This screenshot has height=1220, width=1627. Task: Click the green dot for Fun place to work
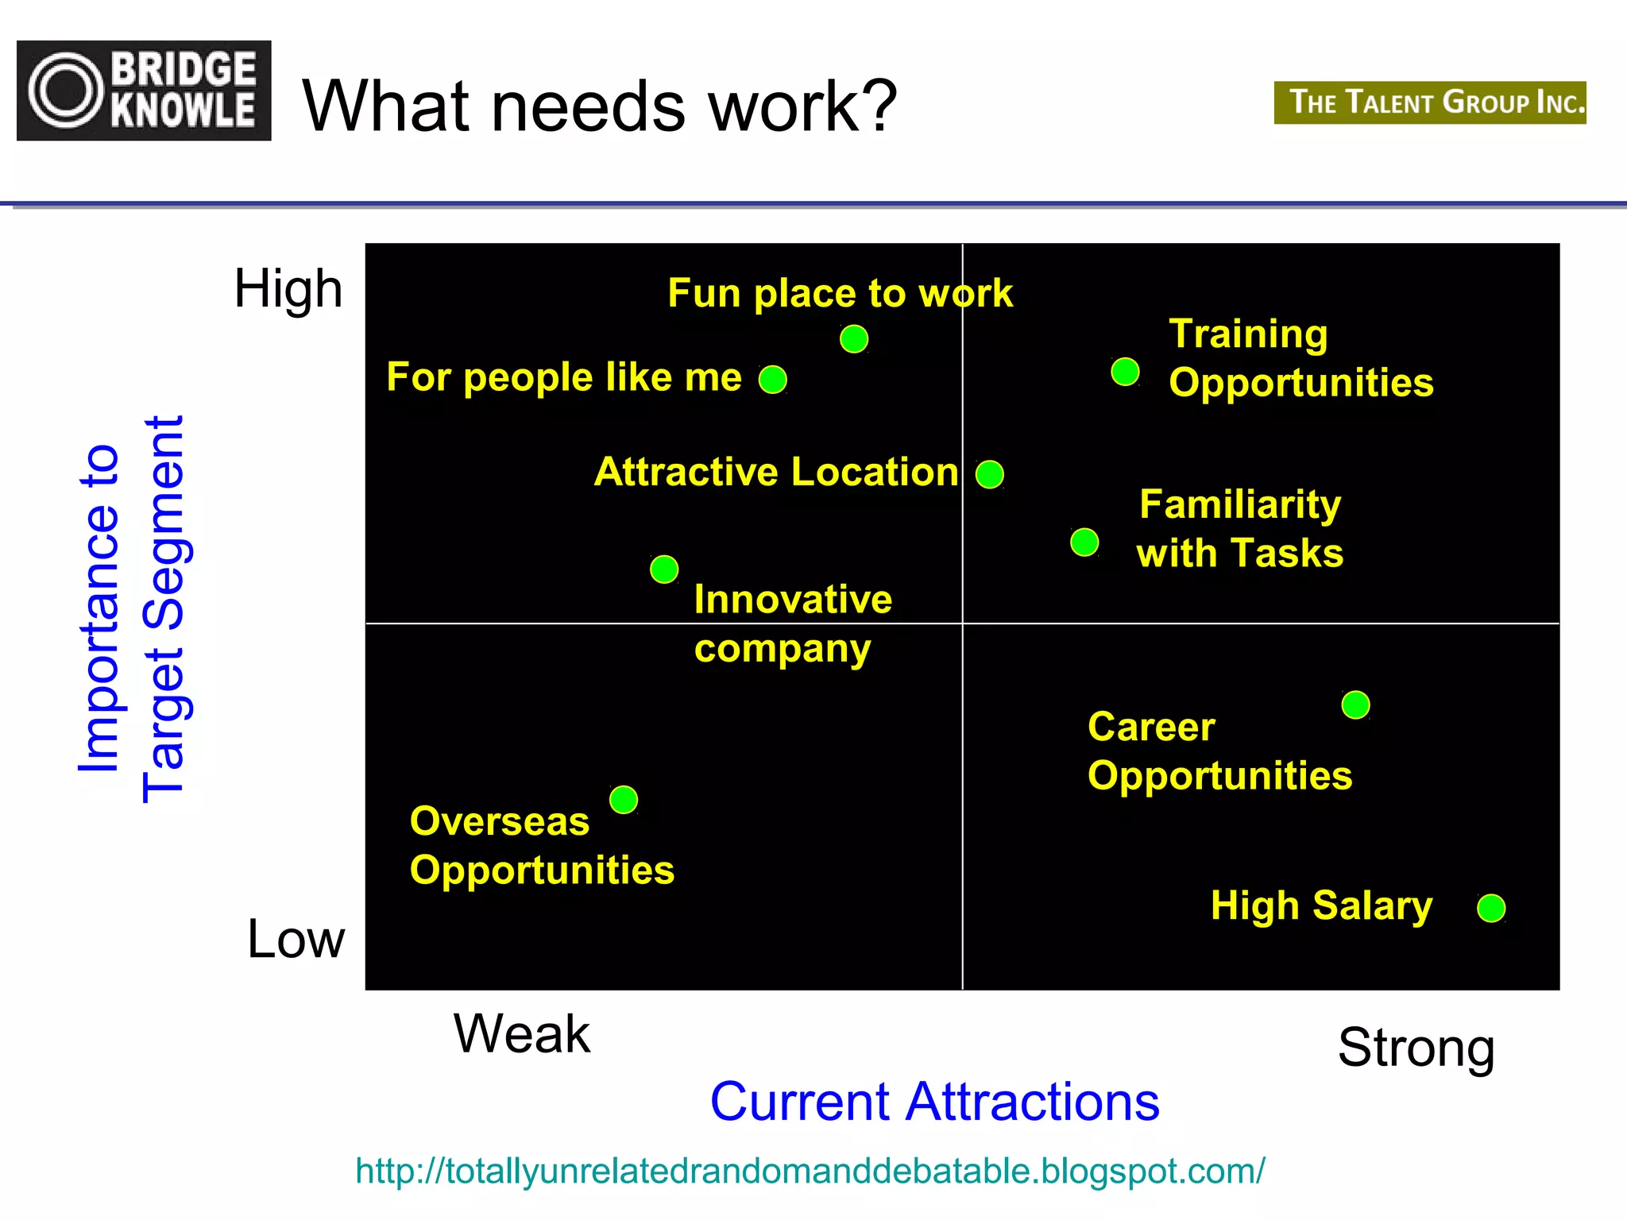point(854,339)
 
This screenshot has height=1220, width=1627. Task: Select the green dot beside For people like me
point(773,380)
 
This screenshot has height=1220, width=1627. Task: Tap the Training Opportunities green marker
point(1125,371)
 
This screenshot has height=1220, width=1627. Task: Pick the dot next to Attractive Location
point(990,474)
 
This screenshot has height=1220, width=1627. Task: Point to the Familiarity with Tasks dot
point(1084,542)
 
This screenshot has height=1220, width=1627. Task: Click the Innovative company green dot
point(664,569)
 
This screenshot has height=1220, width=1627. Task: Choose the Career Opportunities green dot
point(1355,705)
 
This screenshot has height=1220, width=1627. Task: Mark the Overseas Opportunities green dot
point(624,799)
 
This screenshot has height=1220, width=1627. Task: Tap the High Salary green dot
point(1491,907)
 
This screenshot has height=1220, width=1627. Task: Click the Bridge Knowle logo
point(144,91)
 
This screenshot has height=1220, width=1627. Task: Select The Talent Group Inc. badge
point(1430,102)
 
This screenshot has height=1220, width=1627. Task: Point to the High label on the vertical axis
point(288,288)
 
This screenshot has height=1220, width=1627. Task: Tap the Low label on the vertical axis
point(296,939)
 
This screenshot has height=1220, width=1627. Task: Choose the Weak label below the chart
point(522,1034)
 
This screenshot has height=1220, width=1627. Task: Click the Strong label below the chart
point(1416,1048)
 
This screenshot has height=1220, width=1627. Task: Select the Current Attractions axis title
point(934,1102)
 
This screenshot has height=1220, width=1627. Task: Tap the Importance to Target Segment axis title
point(132,608)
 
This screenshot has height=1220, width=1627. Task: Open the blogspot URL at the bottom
point(810,1171)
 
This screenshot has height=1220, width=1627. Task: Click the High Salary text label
point(1322,905)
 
